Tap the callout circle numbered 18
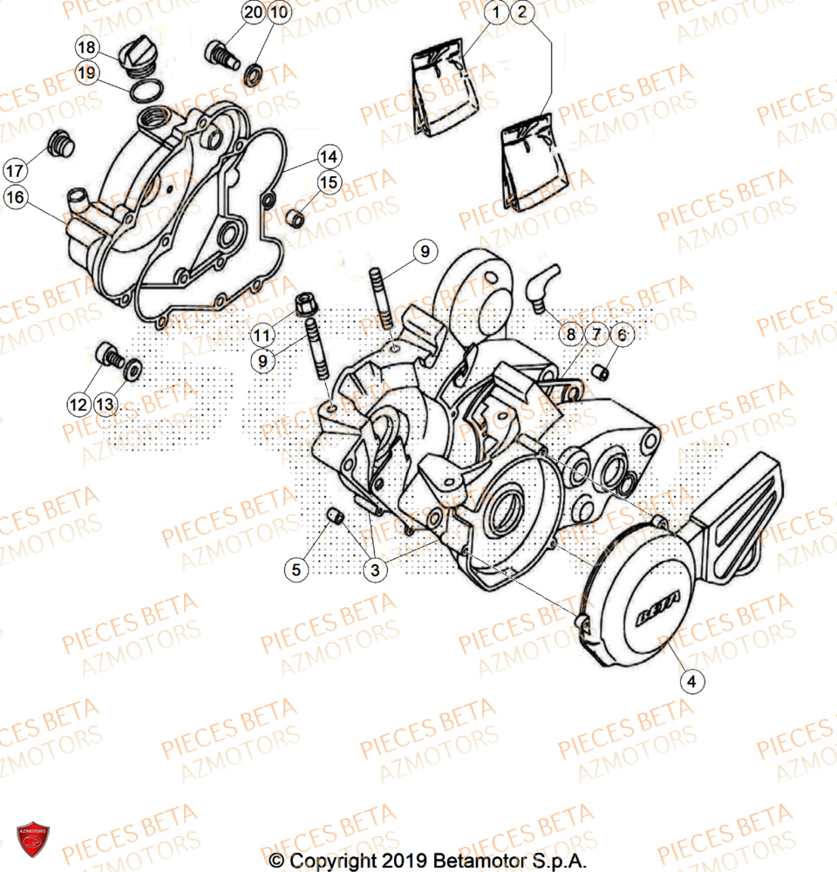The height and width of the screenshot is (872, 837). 86,47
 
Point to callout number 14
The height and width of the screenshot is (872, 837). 328,158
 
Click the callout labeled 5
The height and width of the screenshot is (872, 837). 296,570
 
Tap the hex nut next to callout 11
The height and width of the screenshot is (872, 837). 306,304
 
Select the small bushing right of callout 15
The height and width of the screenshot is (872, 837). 296,217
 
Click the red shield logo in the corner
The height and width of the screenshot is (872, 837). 33,838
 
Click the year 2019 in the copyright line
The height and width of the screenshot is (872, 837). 403,860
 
